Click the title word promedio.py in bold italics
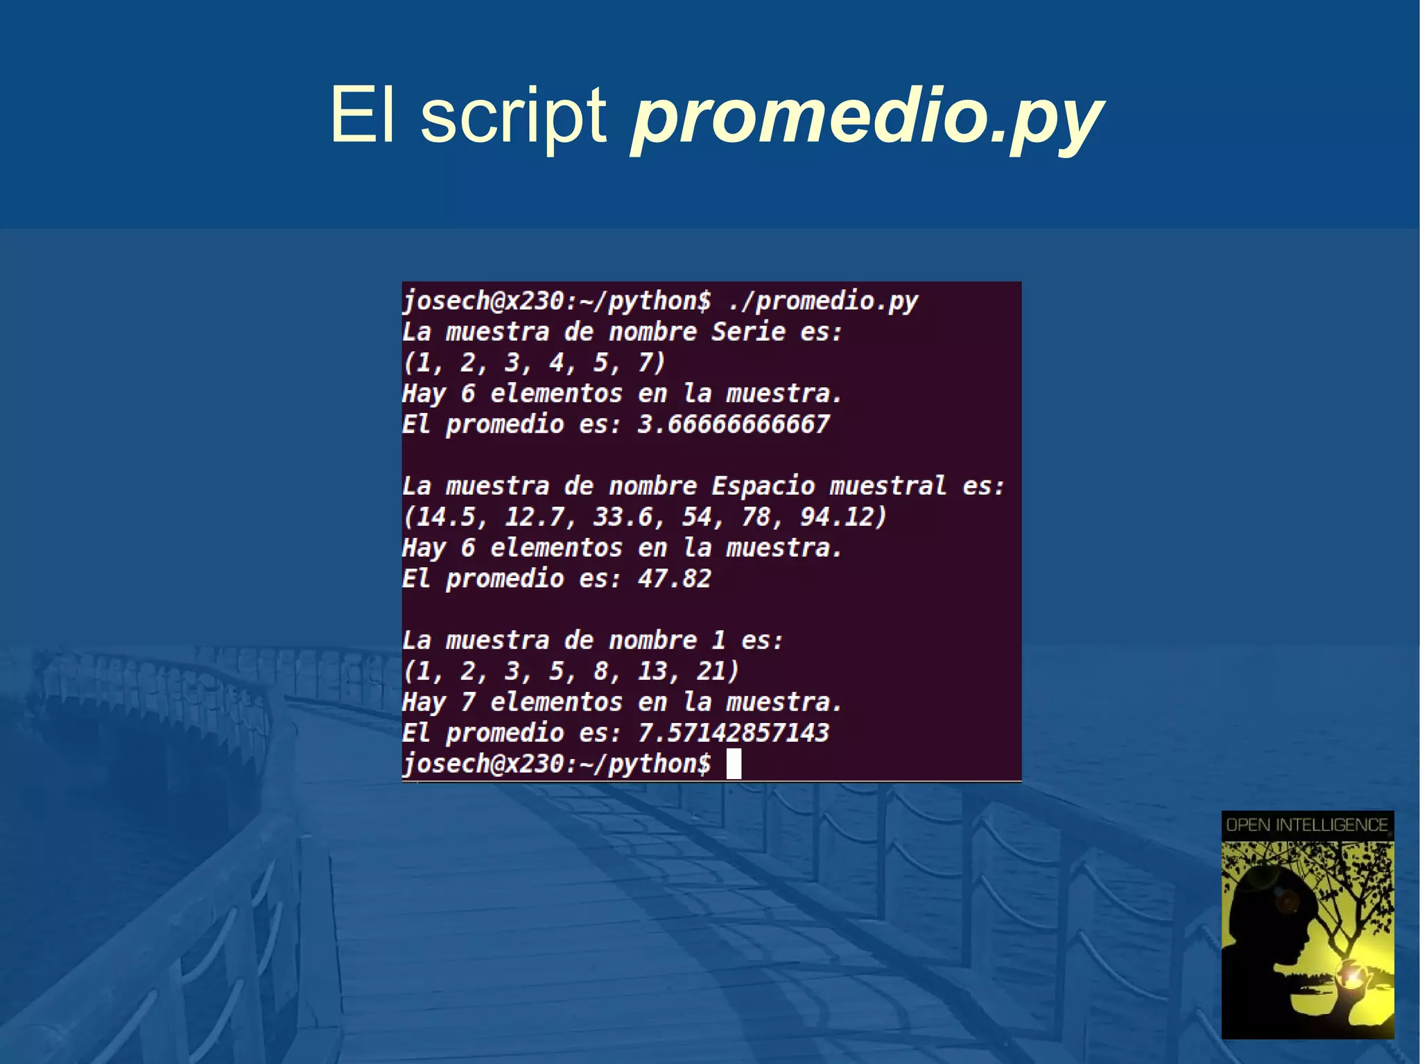[x=867, y=118]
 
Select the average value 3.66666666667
[x=734, y=424]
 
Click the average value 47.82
[x=675, y=579]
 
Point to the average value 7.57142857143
[x=734, y=733]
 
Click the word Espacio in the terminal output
[x=763, y=486]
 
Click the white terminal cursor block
[x=734, y=764]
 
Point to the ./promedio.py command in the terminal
[x=823, y=302]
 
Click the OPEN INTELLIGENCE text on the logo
[x=1307, y=825]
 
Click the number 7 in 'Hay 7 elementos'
[x=468, y=702]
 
